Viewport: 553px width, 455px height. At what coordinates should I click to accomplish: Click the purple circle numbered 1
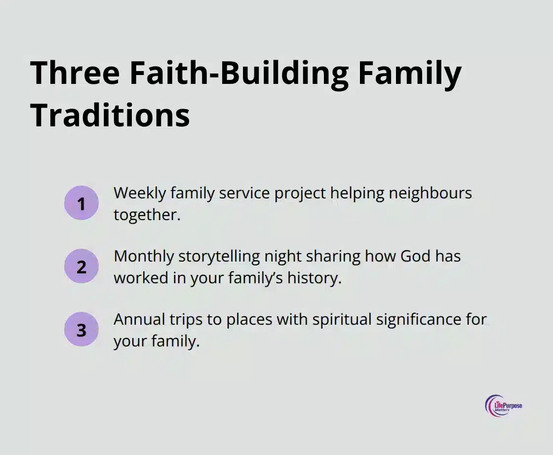(x=81, y=203)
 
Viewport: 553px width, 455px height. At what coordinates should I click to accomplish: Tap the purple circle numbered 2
(x=81, y=266)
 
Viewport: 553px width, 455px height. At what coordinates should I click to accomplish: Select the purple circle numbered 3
(x=81, y=330)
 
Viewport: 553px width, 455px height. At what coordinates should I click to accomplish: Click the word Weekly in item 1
(x=140, y=193)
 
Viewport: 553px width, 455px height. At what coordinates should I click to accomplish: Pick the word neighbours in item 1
(x=431, y=193)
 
